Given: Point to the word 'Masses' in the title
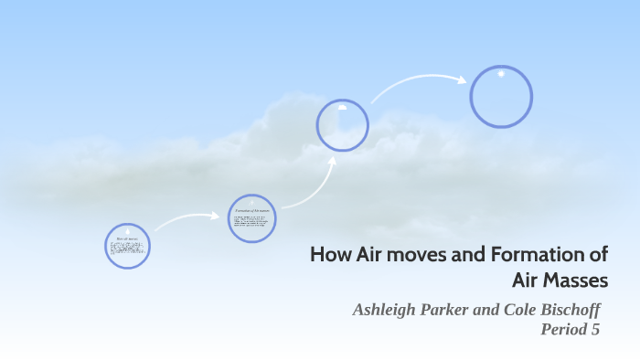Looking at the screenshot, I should pyautogui.click(x=580, y=281).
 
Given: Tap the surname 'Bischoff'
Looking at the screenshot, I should pyautogui.click(x=571, y=310).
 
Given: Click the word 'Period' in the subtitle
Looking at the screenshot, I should pyautogui.click(x=564, y=330).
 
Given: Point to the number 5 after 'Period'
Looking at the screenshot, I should pyautogui.click(x=595, y=330).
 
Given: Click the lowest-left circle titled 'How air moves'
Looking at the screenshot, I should pyautogui.click(x=127, y=246).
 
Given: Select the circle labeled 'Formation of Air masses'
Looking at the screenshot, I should pyautogui.click(x=251, y=218).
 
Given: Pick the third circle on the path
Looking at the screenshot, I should pyautogui.click(x=343, y=124).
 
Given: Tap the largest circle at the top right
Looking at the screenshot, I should pyautogui.click(x=501, y=96).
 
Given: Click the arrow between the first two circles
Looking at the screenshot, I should pyautogui.click(x=187, y=219).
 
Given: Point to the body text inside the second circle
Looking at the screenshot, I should pyautogui.click(x=251, y=224).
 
